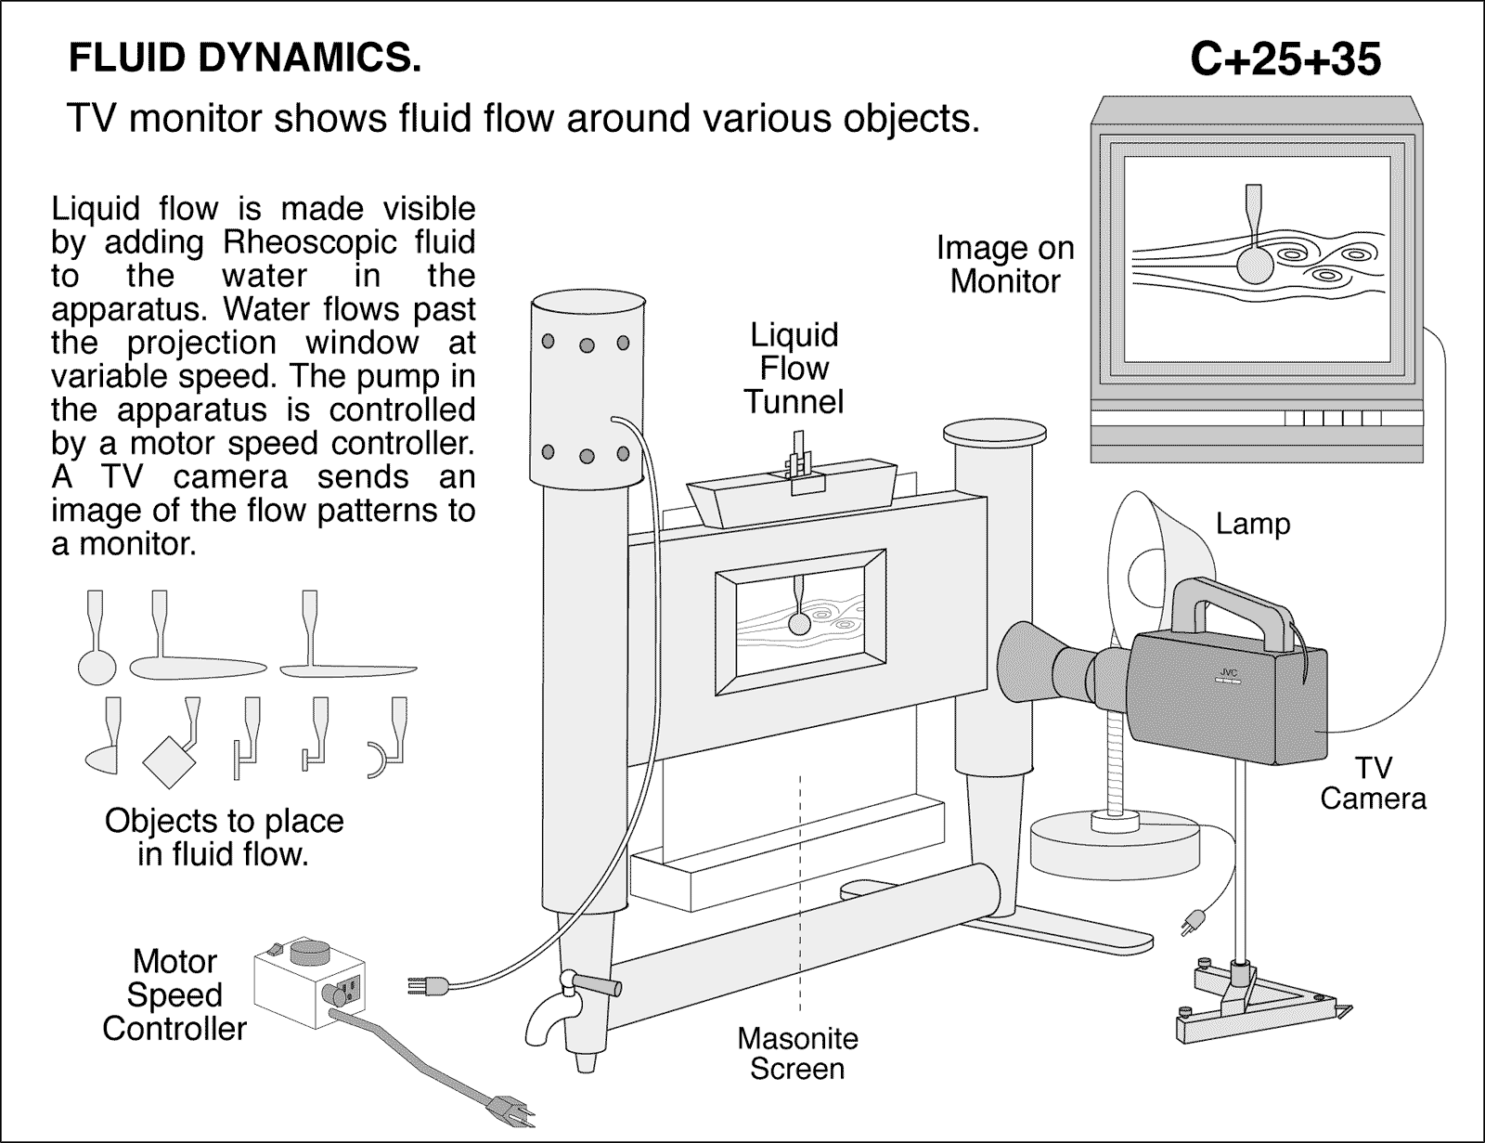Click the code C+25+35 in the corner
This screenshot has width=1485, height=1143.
[1285, 60]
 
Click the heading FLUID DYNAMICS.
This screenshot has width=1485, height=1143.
[245, 58]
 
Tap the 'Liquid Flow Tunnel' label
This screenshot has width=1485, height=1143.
[794, 368]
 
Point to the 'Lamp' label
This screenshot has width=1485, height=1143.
[1253, 524]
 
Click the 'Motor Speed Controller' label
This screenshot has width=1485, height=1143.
[174, 994]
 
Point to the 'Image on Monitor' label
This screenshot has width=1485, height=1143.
[1004, 264]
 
